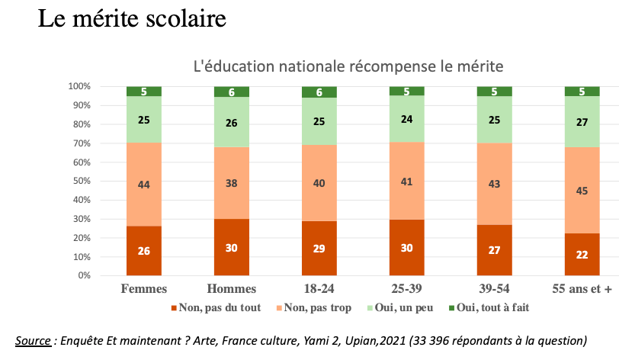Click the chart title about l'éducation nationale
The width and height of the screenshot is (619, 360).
[x=348, y=66]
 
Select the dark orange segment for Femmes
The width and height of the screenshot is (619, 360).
[x=143, y=250]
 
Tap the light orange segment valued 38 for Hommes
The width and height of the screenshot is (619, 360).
[x=231, y=183]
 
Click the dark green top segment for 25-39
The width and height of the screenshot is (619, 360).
[x=406, y=91]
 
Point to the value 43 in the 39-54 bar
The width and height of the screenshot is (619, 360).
[x=494, y=185]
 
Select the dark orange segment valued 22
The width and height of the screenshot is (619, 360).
[x=582, y=254]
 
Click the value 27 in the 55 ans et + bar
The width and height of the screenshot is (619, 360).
[x=582, y=122]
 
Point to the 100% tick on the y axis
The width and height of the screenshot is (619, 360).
[x=80, y=86]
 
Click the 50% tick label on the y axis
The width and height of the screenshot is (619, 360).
[x=82, y=181]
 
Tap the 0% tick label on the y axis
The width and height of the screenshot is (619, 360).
[x=85, y=275]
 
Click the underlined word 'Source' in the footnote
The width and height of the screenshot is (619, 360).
[x=34, y=339]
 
